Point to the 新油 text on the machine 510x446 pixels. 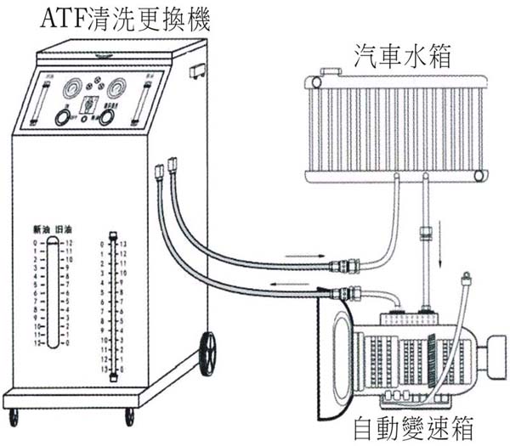[42, 230]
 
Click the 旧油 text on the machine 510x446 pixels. [63, 230]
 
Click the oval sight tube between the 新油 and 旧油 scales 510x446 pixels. [53, 293]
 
